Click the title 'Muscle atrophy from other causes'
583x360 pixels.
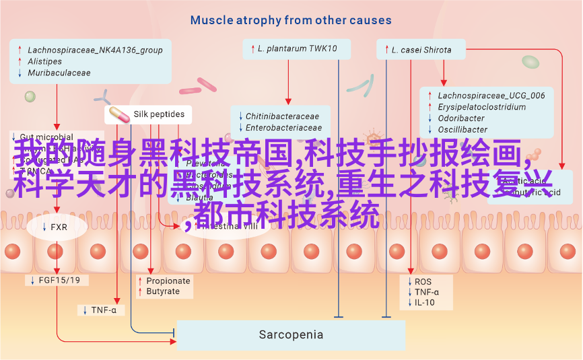point(291,20)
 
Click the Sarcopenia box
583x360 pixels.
point(291,334)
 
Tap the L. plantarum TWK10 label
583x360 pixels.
point(297,49)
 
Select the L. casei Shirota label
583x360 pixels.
point(421,50)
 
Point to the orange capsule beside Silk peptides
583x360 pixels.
point(118,114)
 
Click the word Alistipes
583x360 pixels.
point(45,61)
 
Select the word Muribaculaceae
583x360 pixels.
point(59,72)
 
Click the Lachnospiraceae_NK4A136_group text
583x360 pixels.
point(95,50)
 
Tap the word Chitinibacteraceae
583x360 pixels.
point(282,116)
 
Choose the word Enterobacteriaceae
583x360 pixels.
point(283,128)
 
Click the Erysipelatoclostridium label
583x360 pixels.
point(481,107)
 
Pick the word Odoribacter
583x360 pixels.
point(461,118)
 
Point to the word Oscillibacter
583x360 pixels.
point(462,129)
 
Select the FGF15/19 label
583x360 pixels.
point(59,280)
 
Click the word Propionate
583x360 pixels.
point(168,281)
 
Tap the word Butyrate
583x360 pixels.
point(163,291)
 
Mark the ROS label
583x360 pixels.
point(423,281)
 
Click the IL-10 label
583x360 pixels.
point(424,303)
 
